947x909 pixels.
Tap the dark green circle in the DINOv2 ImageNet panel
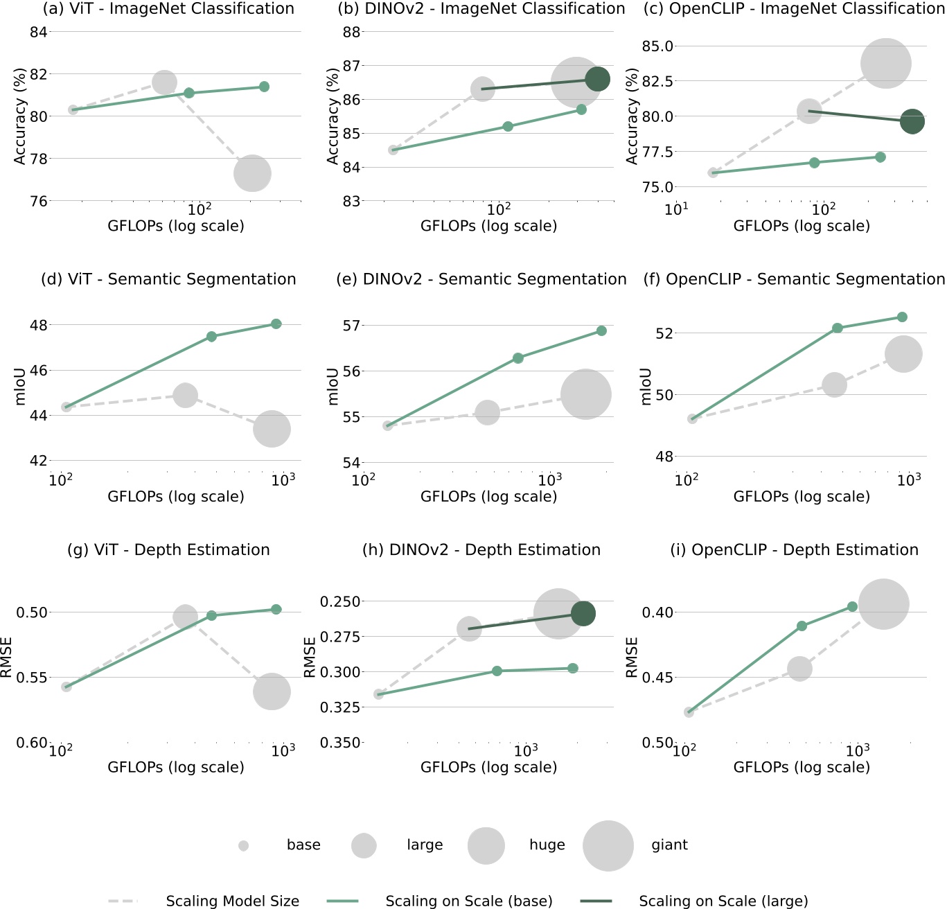[x=597, y=79]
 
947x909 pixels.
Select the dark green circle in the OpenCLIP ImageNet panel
[x=912, y=122]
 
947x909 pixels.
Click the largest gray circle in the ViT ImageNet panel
[x=252, y=173]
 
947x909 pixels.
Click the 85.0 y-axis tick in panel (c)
[x=657, y=46]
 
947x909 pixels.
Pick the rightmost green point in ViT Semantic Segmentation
[x=276, y=324]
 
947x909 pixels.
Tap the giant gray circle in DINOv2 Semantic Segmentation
[x=586, y=394]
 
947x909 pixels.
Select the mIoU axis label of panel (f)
[x=646, y=386]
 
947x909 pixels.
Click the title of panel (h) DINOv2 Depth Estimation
[x=481, y=550]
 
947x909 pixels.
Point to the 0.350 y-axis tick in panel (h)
[x=340, y=743]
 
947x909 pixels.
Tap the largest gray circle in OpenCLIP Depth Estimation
[x=883, y=604]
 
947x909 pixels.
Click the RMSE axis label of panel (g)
[x=6, y=657]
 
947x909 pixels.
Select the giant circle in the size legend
[x=608, y=846]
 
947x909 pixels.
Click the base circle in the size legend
[x=243, y=846]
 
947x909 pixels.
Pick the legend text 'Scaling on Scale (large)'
[x=723, y=901]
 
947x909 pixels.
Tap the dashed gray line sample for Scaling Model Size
[x=123, y=901]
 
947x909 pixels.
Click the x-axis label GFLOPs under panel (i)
[x=802, y=768]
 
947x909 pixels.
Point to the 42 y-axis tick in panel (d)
[x=38, y=461]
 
